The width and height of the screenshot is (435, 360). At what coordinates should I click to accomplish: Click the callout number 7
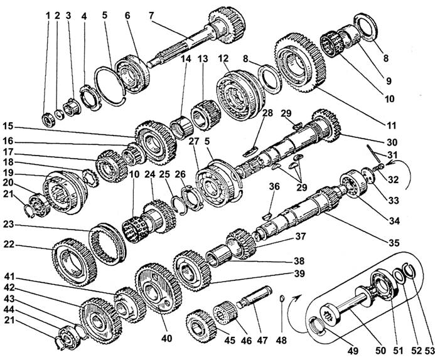[x=151, y=16]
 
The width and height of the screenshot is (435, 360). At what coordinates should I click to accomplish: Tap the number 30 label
[x=392, y=142]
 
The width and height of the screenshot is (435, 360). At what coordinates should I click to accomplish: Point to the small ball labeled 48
[x=282, y=299]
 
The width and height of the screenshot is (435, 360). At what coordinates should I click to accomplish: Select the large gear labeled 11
[x=301, y=63]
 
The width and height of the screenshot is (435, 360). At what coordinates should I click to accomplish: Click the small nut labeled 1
[x=48, y=120]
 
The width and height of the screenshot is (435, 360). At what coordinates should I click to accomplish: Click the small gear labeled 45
[x=201, y=326]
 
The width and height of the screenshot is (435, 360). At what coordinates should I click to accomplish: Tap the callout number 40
[x=166, y=339]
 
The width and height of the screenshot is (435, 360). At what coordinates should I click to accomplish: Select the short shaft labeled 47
[x=254, y=298]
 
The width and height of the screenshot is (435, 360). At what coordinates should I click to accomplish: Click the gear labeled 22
[x=74, y=262]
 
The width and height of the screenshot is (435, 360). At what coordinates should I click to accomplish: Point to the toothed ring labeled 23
[x=107, y=244]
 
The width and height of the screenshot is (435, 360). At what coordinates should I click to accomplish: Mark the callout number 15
[x=8, y=126]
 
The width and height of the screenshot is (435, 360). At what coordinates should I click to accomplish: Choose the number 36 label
[x=274, y=186]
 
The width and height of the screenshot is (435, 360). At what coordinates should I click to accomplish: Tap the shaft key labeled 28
[x=250, y=152]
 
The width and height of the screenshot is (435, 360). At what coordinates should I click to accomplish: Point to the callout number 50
[x=380, y=351]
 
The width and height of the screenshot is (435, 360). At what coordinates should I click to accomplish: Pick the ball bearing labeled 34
[x=353, y=184]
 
